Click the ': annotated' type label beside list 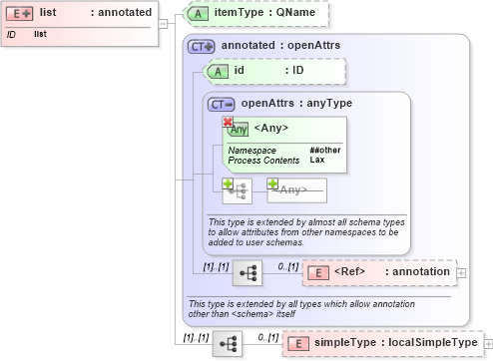[x=122, y=12]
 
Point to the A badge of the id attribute [x=217, y=71]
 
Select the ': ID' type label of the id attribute [x=297, y=71]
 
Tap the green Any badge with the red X [x=237, y=127]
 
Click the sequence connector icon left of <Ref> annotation [x=247, y=271]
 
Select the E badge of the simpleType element [x=298, y=344]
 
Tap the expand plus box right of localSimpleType [x=488, y=344]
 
